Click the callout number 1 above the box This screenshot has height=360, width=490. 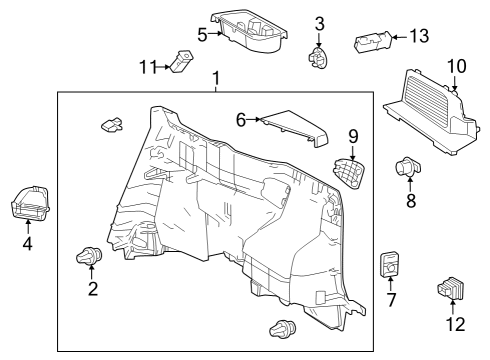[216, 78]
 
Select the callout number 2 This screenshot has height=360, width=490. [93, 288]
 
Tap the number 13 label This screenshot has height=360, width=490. [419, 36]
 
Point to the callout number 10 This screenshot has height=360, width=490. [457, 66]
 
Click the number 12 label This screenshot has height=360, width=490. [456, 324]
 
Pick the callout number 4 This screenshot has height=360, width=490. [28, 244]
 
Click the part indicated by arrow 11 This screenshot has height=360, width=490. [182, 60]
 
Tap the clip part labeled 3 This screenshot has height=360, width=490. [318, 58]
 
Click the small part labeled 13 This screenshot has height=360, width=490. [372, 41]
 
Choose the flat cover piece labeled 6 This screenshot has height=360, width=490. [294, 128]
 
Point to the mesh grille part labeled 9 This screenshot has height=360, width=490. [348, 173]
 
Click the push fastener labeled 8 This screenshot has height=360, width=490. [408, 166]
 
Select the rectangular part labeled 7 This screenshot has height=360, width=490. [390, 265]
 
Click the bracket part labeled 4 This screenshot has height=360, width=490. [30, 203]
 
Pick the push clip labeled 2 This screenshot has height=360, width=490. [89, 257]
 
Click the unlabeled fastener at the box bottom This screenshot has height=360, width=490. [282, 329]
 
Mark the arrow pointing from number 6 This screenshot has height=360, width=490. [253, 119]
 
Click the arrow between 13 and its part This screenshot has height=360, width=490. [400, 37]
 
